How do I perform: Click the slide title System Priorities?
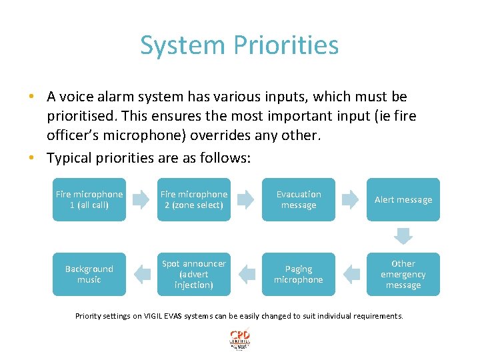click(239, 45)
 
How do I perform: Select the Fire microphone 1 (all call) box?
click(89, 199)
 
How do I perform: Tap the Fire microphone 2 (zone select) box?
click(194, 199)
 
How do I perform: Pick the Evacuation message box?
click(299, 199)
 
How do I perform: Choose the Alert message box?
click(403, 199)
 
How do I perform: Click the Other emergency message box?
click(403, 274)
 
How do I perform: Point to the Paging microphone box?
click(299, 274)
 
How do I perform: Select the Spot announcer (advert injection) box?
click(194, 274)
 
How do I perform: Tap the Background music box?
click(89, 274)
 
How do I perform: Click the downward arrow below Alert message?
click(403, 236)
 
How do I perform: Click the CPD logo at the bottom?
click(239, 338)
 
